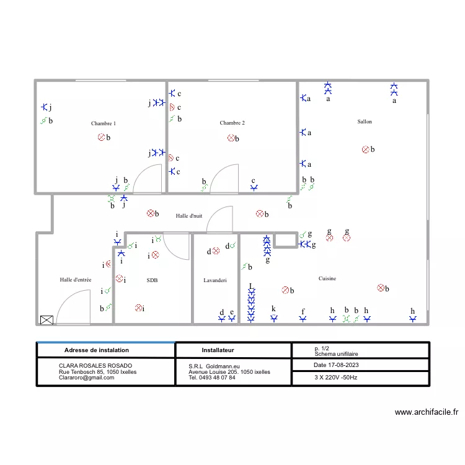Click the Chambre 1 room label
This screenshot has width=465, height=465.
point(103,123)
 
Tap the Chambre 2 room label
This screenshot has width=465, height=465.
point(232,123)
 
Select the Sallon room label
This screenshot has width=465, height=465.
point(365,122)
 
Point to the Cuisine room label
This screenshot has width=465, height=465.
point(327,278)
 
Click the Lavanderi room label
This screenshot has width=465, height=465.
point(215,280)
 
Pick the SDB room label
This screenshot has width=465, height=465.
point(152,280)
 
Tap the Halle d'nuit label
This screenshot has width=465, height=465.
point(189,216)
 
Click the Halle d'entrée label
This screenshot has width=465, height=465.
point(76,280)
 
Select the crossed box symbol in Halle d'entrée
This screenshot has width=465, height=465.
point(46,320)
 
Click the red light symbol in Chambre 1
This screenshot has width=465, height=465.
point(102,137)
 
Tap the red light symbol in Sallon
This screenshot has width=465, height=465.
point(366,149)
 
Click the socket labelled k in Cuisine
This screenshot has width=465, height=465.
point(274,319)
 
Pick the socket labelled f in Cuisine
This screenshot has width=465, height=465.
point(303,319)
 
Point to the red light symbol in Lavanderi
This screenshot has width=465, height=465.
point(216,251)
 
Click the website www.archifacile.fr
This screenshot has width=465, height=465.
point(427,412)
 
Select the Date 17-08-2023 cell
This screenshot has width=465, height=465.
point(336,365)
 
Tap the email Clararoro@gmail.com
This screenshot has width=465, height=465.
point(86,378)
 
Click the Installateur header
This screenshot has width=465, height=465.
point(218,350)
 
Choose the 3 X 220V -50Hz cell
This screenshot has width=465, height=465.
point(335,378)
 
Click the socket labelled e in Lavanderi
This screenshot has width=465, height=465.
point(232,319)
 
